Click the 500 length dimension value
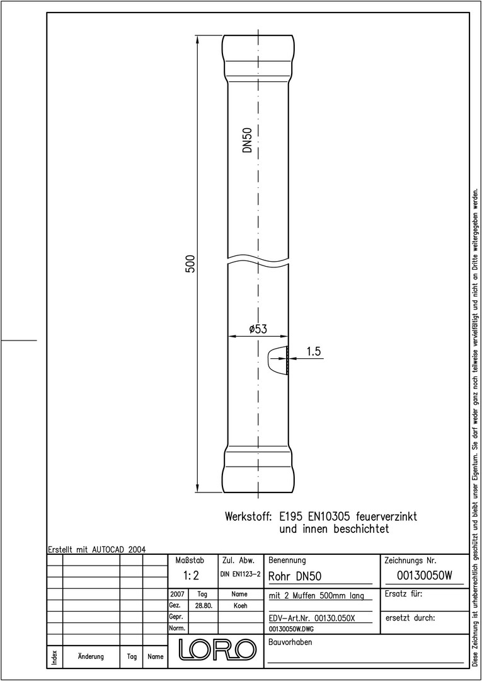(190, 264)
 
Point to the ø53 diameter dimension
(258, 329)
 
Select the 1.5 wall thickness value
(314, 352)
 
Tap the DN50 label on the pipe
(247, 140)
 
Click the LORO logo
(215, 649)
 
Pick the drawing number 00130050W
(424, 576)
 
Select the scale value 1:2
(191, 576)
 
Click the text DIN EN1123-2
(240, 574)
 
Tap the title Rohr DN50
(295, 576)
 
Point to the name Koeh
(240, 605)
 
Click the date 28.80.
(204, 605)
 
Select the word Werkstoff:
(248, 517)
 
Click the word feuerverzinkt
(386, 517)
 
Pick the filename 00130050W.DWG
(291, 629)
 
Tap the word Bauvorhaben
(290, 643)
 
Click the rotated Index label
(55, 656)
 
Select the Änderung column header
(91, 656)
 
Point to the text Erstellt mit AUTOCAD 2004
(96, 549)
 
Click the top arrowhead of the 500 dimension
(198, 40)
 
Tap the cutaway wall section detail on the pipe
(277, 360)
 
